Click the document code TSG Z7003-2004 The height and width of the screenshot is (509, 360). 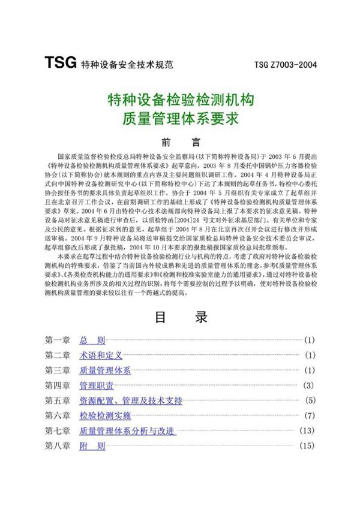point(285,64)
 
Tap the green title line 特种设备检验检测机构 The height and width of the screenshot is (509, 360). point(180,98)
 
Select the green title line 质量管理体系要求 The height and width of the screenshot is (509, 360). point(180,118)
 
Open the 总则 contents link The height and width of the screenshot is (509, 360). point(92,340)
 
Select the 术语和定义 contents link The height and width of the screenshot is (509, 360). point(101,355)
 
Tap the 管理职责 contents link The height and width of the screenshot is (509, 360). point(97,385)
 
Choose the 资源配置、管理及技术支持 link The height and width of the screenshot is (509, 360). point(131,400)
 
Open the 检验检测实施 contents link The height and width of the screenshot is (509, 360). point(105,415)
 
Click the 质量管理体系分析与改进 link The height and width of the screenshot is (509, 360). point(127,430)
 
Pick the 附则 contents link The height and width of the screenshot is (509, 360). point(92,445)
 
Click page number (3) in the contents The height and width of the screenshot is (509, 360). point(309,385)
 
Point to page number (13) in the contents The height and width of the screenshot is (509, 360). point(307,430)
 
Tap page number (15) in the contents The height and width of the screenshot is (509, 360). point(307,445)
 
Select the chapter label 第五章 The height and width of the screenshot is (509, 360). point(58,400)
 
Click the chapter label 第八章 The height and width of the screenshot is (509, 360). point(58,445)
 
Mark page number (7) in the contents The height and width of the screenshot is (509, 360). point(309,415)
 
